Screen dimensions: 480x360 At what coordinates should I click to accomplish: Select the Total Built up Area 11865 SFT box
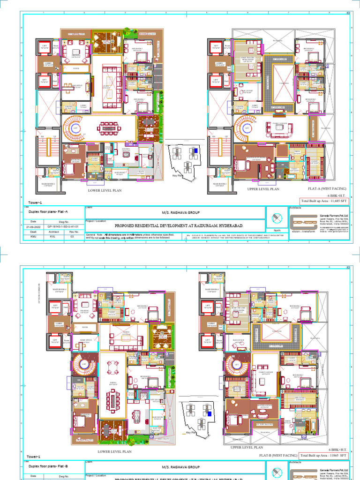[324, 455]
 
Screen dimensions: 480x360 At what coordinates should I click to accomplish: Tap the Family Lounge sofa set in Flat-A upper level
[279, 127]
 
